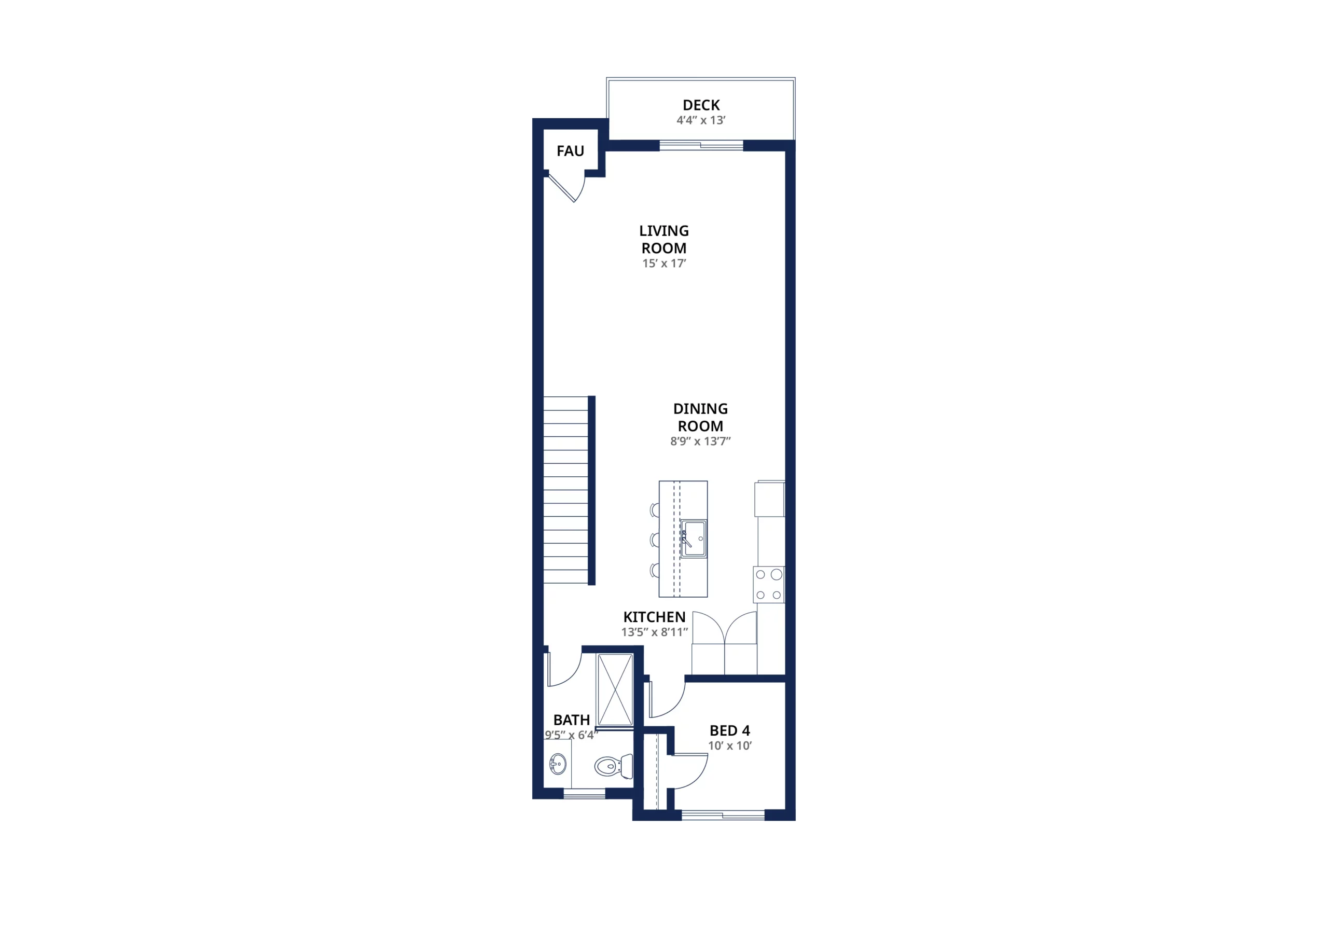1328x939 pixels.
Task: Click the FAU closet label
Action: coord(570,151)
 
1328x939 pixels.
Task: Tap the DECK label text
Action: coord(701,105)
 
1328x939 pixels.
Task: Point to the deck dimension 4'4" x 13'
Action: coord(701,120)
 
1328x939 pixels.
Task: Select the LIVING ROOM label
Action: coord(664,240)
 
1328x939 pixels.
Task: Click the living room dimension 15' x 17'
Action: coord(664,263)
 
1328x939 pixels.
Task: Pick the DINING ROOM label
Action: coord(700,417)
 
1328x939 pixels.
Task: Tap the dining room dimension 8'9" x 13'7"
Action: coord(700,441)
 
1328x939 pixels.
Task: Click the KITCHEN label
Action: coord(654,617)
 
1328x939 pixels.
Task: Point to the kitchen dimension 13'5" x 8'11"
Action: coord(654,632)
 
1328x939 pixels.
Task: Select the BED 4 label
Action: coord(729,731)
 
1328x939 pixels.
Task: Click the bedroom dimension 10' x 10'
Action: coord(729,746)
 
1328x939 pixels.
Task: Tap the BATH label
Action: coord(572,720)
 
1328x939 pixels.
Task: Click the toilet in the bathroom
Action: coord(613,767)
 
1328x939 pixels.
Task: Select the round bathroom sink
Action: coord(558,764)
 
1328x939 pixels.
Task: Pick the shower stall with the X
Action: coord(615,689)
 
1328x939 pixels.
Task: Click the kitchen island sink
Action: coord(694,538)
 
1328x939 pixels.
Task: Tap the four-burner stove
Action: coord(769,584)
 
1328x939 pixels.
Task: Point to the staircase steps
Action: coord(565,490)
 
